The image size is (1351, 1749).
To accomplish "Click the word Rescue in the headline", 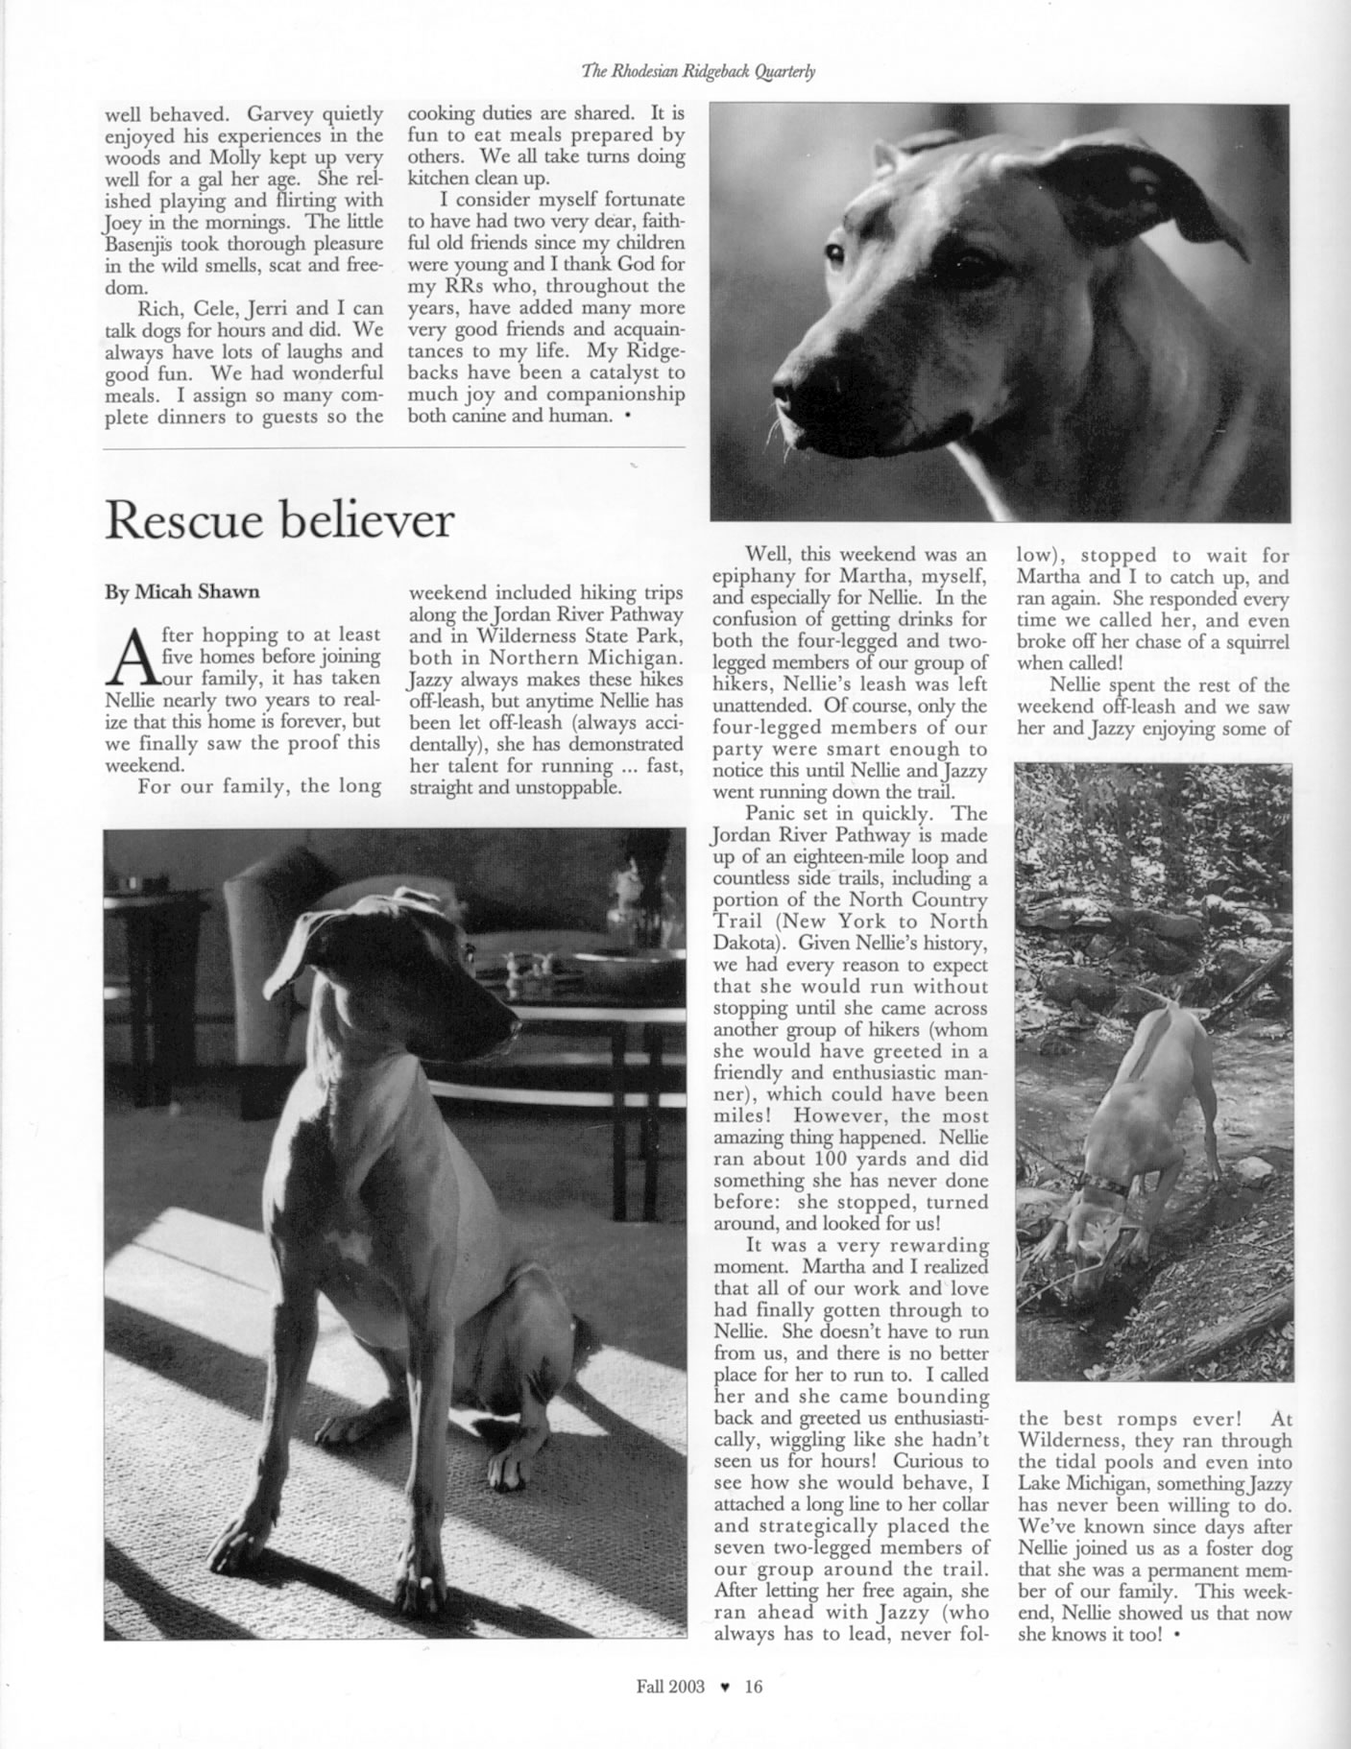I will (x=182, y=521).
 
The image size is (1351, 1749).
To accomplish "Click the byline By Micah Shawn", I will (x=181, y=592).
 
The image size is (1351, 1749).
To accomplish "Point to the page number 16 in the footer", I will (x=753, y=1686).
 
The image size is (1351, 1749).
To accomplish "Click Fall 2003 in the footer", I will (x=670, y=1686).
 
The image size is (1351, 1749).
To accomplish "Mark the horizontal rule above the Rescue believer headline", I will (x=394, y=447).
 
